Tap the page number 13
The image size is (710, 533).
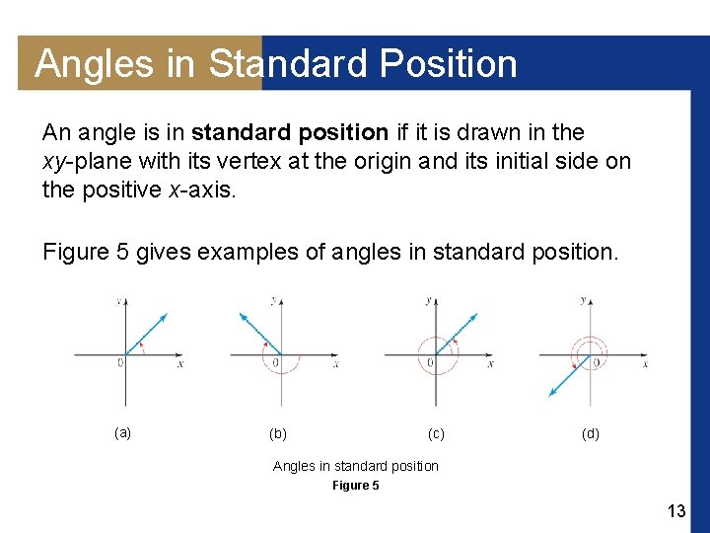675,510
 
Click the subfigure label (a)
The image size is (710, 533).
122,432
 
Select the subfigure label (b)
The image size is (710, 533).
278,433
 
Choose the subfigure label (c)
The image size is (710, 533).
435,433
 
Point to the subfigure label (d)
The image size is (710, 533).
590,433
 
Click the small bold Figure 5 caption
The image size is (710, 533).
355,485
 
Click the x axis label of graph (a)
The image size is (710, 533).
179,364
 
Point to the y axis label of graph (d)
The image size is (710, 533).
583,299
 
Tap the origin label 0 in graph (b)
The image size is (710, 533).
275,364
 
